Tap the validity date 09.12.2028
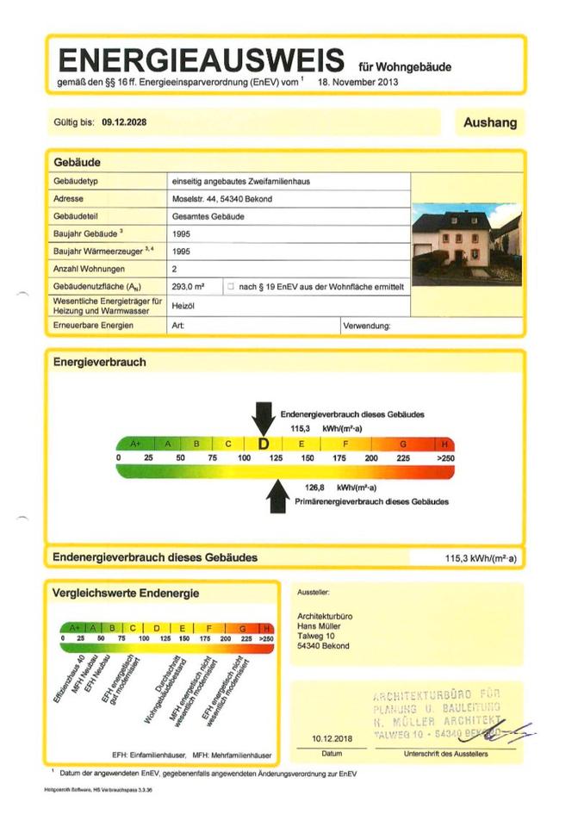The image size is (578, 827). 124,122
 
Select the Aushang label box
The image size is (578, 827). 490,122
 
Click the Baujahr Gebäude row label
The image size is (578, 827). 88,233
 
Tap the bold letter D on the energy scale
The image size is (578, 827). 264,444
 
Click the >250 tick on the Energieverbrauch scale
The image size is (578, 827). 444,458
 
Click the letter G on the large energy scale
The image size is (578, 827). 402,444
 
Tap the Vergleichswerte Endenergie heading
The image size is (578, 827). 126,593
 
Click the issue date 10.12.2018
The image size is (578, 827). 332,739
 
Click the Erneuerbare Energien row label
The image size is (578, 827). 92,326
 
